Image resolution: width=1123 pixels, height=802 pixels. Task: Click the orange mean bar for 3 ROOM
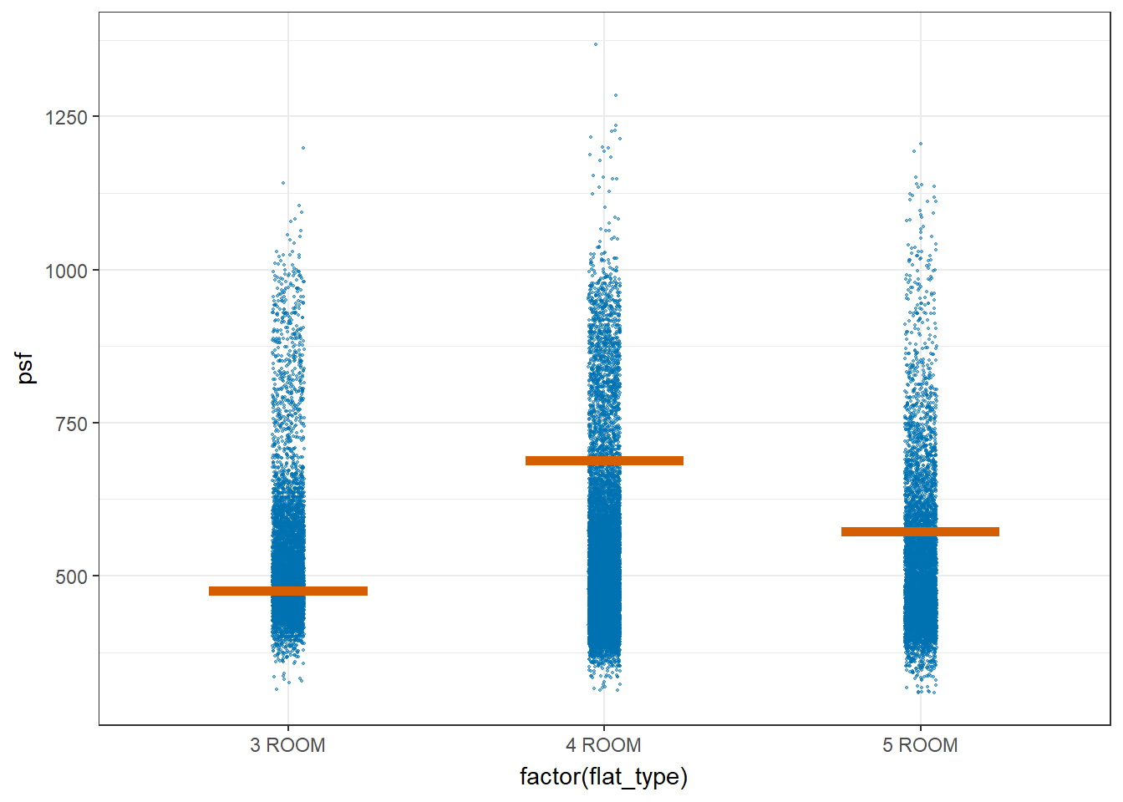click(288, 591)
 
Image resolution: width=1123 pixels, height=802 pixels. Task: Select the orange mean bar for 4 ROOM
click(604, 461)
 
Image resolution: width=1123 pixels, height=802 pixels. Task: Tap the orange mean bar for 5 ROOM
click(920, 532)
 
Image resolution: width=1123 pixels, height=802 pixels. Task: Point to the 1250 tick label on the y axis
click(66, 118)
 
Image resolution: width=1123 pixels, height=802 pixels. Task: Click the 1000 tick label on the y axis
click(66, 271)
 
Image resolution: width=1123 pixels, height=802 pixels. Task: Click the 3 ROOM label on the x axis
click(287, 745)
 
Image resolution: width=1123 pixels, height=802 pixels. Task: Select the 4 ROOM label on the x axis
click(603, 745)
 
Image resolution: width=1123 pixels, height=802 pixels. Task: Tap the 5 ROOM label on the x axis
click(920, 745)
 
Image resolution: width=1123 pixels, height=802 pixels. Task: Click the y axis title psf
click(26, 368)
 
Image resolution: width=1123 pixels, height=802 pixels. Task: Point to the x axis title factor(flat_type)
click(603, 777)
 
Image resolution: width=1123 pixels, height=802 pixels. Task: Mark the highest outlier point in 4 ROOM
click(596, 44)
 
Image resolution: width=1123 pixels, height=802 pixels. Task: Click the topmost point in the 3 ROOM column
click(303, 148)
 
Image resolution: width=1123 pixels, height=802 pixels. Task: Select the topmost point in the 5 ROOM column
click(921, 144)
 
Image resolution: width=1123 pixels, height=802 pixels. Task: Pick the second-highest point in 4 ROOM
click(616, 95)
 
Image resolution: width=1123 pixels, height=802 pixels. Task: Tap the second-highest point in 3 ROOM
click(283, 183)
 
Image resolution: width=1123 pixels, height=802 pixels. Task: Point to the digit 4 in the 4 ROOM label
click(571, 745)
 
